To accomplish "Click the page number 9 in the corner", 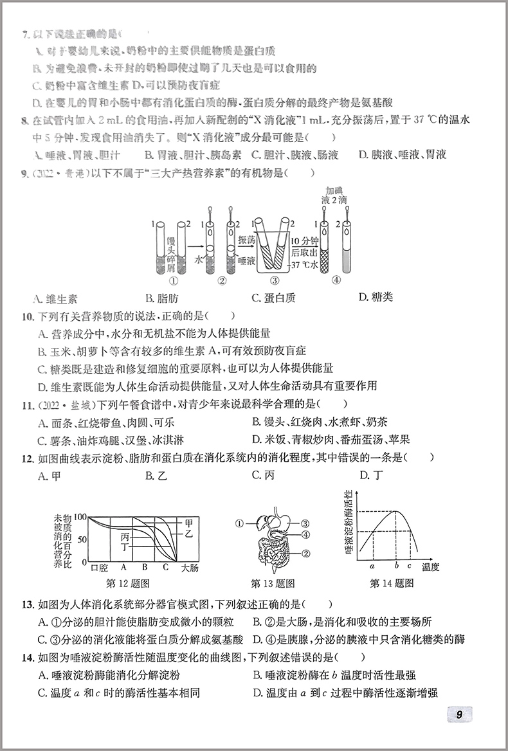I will coord(458,714).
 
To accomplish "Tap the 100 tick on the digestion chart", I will coord(80,516).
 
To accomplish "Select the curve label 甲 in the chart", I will coord(188,523).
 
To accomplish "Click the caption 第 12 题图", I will coord(127,584).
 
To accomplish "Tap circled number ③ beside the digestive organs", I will coord(305,523).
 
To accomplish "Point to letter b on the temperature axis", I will coord(397,566).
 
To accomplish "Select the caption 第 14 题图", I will coord(392,583).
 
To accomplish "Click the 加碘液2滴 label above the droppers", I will coord(336,195).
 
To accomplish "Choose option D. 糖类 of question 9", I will coord(376,296).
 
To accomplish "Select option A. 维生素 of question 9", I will coord(55,298).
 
